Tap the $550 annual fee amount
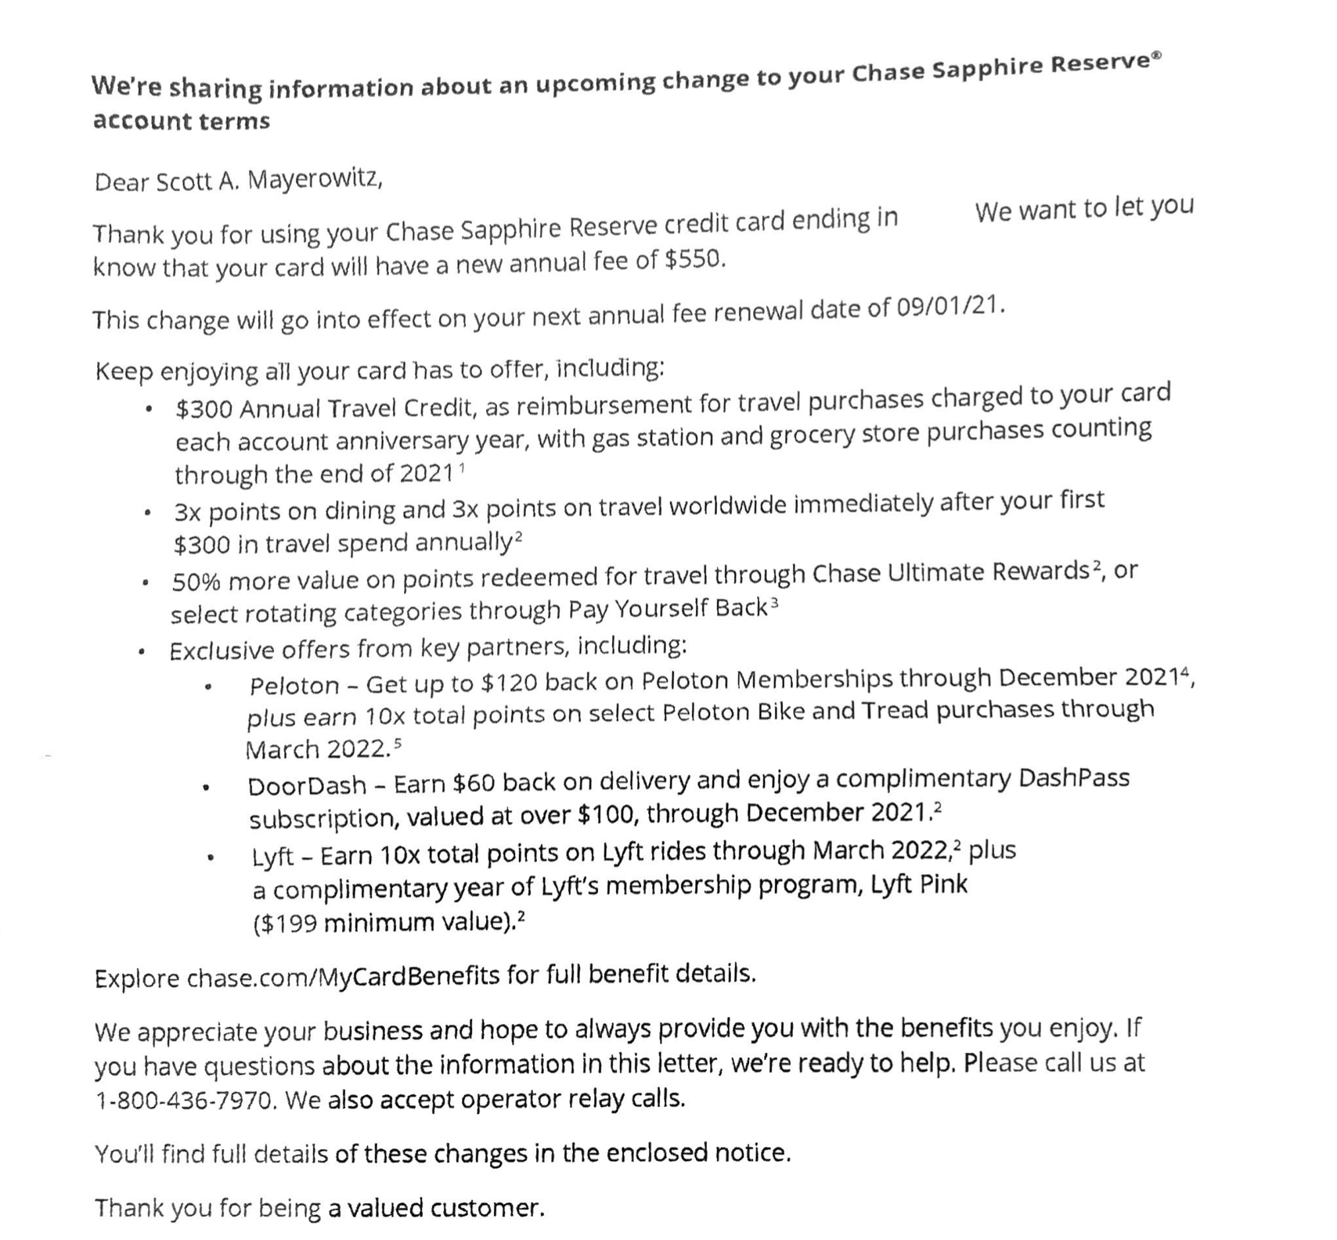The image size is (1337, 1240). [694, 259]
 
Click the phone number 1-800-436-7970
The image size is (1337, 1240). [185, 1101]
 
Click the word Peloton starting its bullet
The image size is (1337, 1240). [294, 686]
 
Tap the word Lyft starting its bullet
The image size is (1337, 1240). [272, 856]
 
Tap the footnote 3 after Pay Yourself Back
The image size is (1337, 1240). [774, 603]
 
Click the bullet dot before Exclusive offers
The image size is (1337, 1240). [142, 651]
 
